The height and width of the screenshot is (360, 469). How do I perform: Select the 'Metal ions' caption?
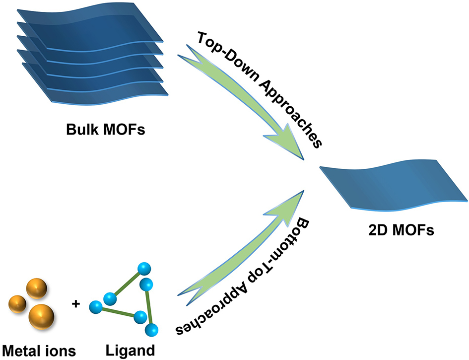point(39,351)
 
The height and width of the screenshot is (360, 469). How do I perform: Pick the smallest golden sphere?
point(17,302)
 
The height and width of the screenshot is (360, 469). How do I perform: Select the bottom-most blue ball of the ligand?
point(153,329)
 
